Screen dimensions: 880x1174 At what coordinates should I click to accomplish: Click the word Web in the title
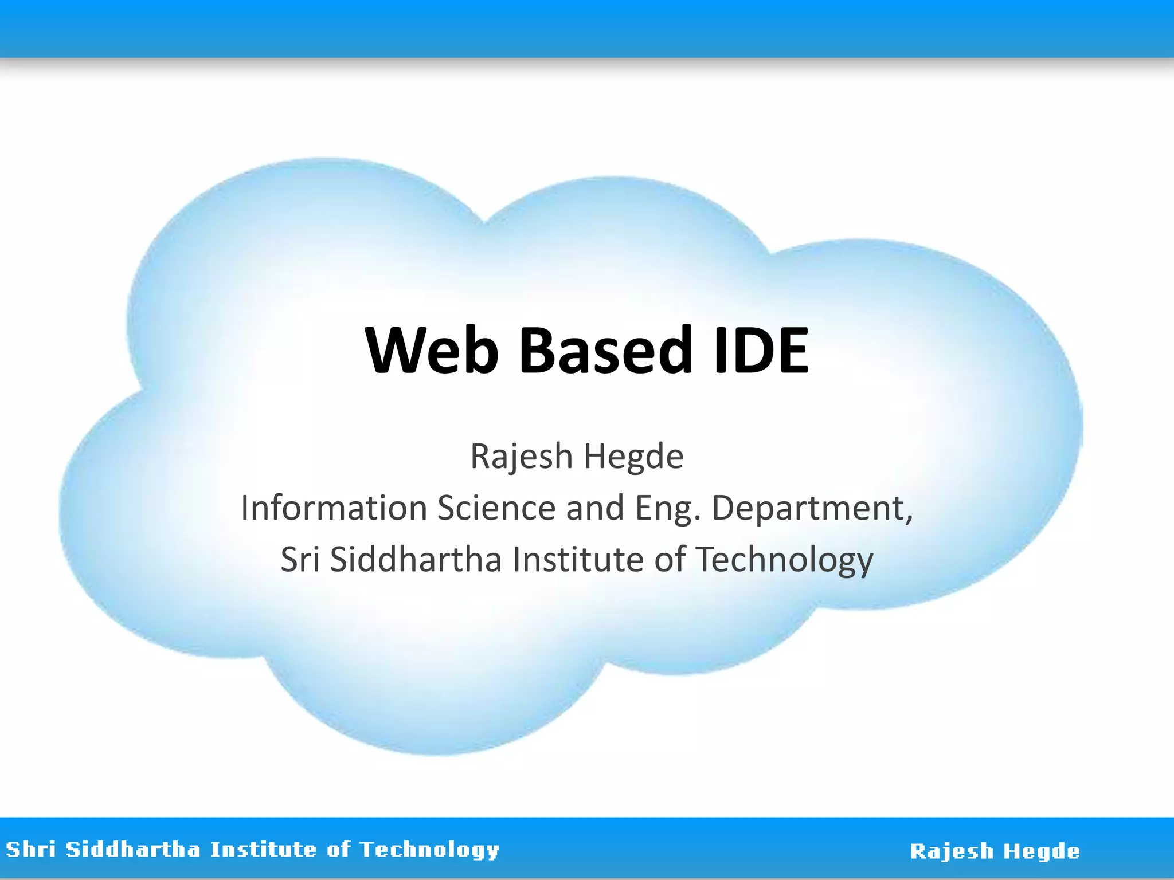pos(432,350)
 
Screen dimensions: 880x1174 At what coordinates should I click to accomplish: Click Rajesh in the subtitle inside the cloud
pos(521,457)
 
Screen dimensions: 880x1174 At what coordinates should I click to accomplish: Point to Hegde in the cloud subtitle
pos(633,457)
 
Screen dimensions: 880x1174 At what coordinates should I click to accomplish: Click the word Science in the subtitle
pos(496,508)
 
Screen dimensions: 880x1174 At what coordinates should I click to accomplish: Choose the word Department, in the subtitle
pos(812,508)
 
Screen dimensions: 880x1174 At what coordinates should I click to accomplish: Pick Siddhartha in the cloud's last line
pos(416,560)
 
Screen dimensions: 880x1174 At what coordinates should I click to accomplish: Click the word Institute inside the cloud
pos(578,560)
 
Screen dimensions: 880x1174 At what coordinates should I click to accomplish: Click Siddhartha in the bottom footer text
pos(133,849)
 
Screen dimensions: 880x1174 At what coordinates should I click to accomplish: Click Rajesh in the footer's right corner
pos(952,851)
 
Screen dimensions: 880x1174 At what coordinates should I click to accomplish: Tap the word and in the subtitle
pos(595,508)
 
